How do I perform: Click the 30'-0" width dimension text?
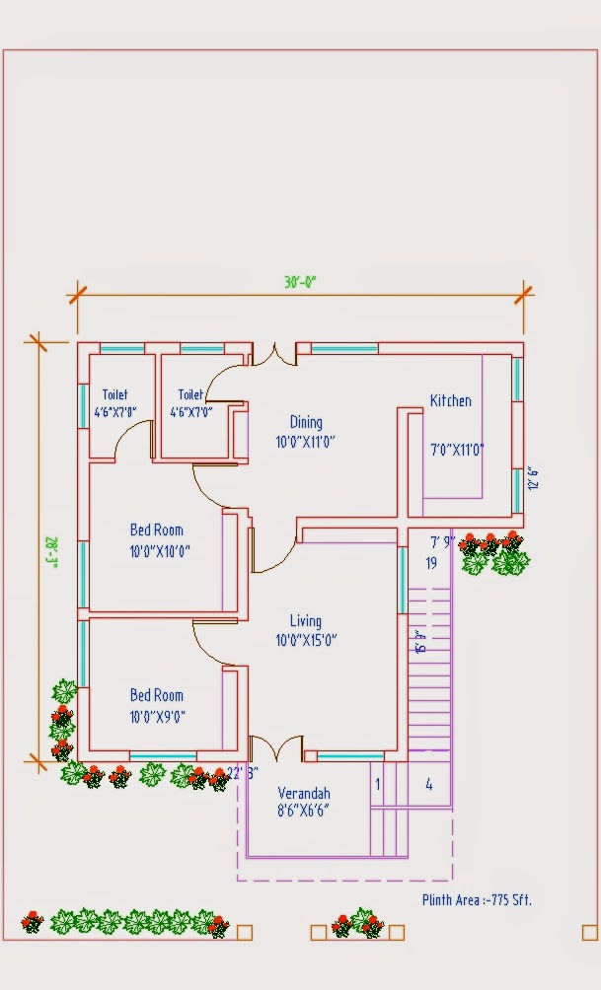tap(300, 281)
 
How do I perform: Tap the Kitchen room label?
tap(450, 401)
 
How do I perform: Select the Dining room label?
tap(305, 422)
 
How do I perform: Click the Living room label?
tap(305, 621)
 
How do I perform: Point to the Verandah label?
tap(303, 793)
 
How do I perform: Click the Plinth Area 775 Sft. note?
tap(477, 899)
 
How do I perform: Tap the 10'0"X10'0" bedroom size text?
tap(158, 552)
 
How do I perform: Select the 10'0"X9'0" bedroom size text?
tap(158, 717)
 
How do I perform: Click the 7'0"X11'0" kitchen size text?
tap(457, 451)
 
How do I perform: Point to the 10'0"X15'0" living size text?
tap(306, 640)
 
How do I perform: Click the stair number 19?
tap(431, 564)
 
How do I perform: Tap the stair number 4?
tap(428, 785)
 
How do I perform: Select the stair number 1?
tap(377, 785)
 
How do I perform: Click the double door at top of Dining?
tap(274, 354)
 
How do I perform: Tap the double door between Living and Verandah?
tap(274, 749)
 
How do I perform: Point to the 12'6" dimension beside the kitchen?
tap(535, 478)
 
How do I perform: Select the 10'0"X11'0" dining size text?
tap(305, 443)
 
